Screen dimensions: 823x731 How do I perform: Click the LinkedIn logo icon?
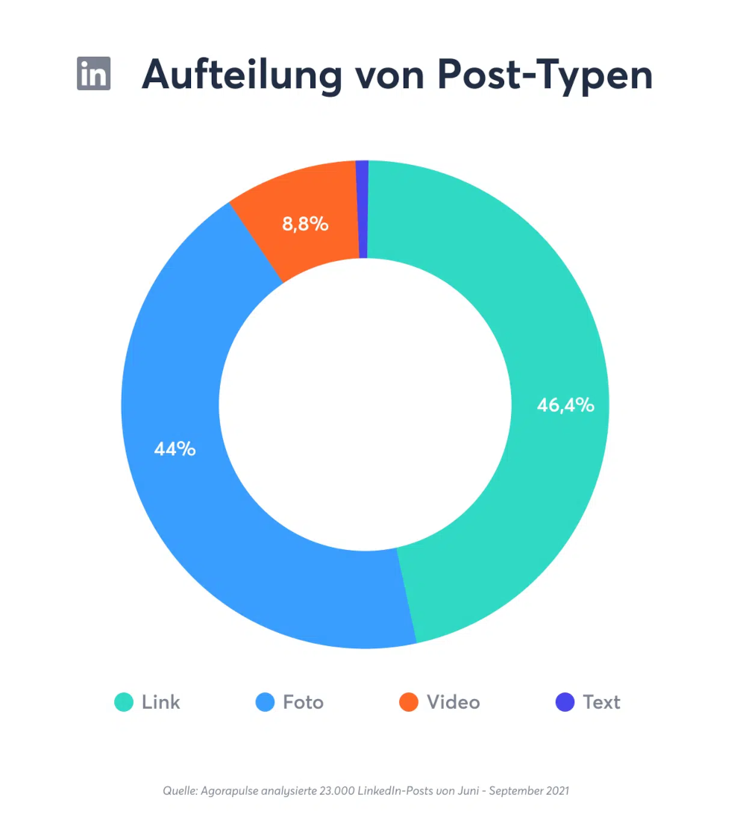[94, 73]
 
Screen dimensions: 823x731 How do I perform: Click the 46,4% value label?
[565, 405]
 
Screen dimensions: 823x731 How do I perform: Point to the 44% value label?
[175, 449]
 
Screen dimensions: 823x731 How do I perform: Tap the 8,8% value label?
[305, 224]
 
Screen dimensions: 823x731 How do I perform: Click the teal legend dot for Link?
[124, 702]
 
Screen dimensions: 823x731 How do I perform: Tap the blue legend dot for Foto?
[265, 702]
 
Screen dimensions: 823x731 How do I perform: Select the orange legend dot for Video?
[409, 702]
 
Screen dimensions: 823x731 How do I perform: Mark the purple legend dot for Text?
[565, 702]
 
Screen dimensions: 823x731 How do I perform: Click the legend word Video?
[454, 702]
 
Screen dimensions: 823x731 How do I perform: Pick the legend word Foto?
[303, 702]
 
